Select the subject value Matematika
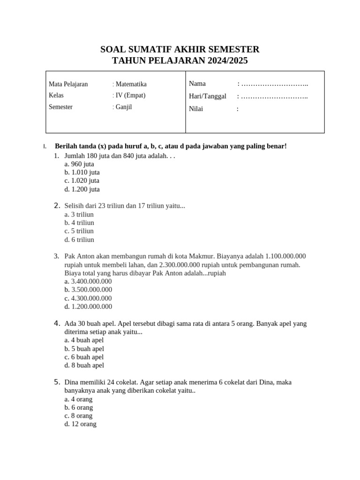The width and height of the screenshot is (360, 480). point(131,84)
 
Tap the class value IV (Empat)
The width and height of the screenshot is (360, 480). point(130,95)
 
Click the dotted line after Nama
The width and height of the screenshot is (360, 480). point(274,84)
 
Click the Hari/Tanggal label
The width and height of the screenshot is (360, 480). point(208,96)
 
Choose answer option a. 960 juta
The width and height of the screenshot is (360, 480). point(79,164)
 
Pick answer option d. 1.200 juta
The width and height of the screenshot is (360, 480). point(82,189)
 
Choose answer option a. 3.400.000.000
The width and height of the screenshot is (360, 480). point(88,281)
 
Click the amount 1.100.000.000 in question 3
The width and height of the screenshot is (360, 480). point(285,256)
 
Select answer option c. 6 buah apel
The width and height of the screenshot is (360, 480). point(84,357)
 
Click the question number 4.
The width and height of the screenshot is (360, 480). point(57,323)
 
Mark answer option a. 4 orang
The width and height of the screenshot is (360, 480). point(78,399)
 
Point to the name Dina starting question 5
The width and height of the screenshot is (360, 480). point(72,382)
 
